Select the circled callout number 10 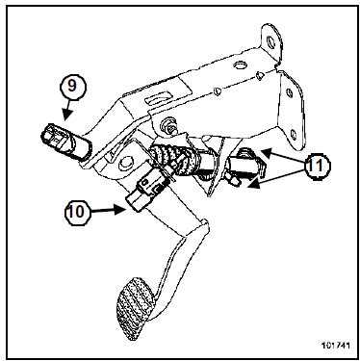(x=78, y=212)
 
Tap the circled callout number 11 (x=317, y=166)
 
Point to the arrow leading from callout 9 (x=67, y=111)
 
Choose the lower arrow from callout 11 (x=276, y=178)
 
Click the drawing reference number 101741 (x=335, y=346)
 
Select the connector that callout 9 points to (x=65, y=142)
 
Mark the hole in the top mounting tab (x=270, y=40)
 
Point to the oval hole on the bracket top (x=240, y=65)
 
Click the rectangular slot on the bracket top (x=157, y=97)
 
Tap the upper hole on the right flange (x=290, y=93)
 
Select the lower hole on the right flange (x=294, y=134)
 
